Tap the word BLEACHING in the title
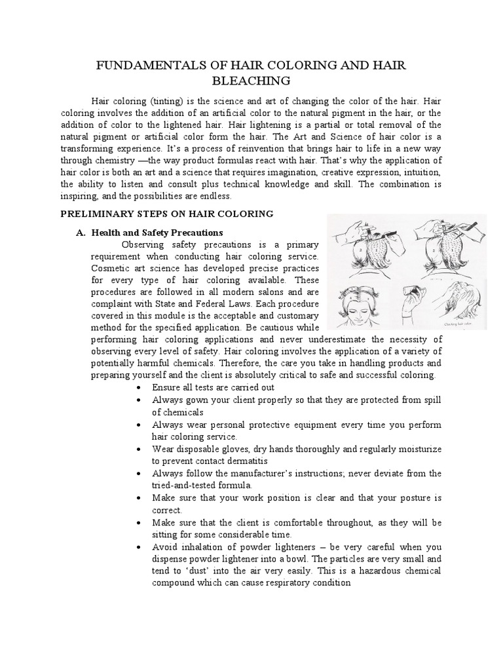coord(251,81)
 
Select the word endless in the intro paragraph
coord(216,196)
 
